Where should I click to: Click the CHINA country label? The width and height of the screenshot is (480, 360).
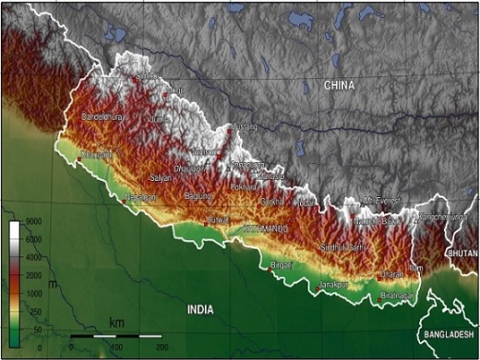coord(338,86)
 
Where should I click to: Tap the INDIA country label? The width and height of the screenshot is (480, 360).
coord(199,310)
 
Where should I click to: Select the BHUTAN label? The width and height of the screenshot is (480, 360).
coord(462,254)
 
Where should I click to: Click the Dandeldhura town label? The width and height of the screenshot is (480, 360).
coord(104,116)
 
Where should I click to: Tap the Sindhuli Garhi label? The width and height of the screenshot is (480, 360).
coord(343,248)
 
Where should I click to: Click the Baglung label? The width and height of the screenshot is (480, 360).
coord(198,196)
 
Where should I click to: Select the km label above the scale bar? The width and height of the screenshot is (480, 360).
coord(116,323)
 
